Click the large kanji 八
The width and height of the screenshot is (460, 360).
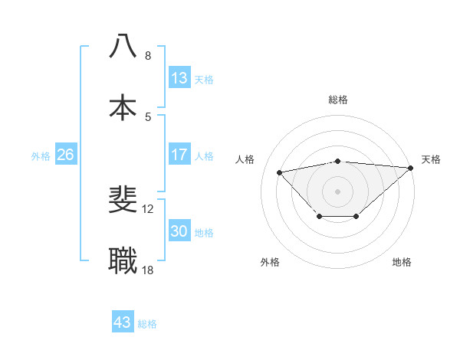click(x=123, y=47)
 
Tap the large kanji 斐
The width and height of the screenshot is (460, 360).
click(x=123, y=201)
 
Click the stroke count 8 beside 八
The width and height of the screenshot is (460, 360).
click(x=148, y=56)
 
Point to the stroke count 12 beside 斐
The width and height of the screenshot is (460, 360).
click(x=149, y=209)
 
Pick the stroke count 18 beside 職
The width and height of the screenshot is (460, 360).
click(x=149, y=270)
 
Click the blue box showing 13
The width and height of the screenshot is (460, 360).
click(x=179, y=78)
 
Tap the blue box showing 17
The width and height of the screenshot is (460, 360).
click(x=179, y=155)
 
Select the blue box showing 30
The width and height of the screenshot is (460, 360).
click(x=179, y=231)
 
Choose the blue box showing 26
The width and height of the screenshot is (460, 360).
click(x=65, y=155)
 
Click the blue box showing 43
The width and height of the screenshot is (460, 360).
click(x=123, y=322)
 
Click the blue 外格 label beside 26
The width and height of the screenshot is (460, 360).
click(x=41, y=156)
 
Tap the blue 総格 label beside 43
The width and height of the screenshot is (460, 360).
click(x=147, y=324)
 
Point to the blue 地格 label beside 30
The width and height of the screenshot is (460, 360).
click(x=205, y=233)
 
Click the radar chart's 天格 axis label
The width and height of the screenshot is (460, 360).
click(x=431, y=159)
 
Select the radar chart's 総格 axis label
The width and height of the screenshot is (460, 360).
click(x=338, y=100)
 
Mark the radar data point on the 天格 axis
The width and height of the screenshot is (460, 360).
click(x=411, y=168)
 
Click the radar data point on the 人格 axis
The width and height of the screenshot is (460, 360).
click(x=280, y=172)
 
